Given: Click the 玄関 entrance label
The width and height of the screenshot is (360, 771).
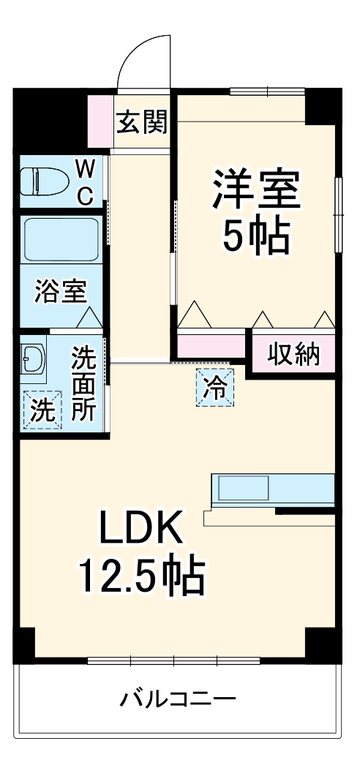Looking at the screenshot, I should click(x=142, y=122).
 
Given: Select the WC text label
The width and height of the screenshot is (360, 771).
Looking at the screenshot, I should click(x=85, y=183).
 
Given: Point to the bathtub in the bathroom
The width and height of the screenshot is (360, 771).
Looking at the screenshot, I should click(x=61, y=238).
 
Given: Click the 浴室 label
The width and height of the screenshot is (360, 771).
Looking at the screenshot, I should click(x=61, y=292).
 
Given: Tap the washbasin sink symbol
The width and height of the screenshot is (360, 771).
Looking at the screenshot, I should click(x=34, y=358).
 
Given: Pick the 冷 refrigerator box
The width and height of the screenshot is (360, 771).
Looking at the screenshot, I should click(x=216, y=386).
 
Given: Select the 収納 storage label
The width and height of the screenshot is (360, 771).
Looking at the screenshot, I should click(x=293, y=355).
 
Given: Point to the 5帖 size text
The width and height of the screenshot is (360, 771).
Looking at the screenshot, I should click(x=255, y=235).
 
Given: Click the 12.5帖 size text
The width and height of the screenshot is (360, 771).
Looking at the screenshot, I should click(x=140, y=578).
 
